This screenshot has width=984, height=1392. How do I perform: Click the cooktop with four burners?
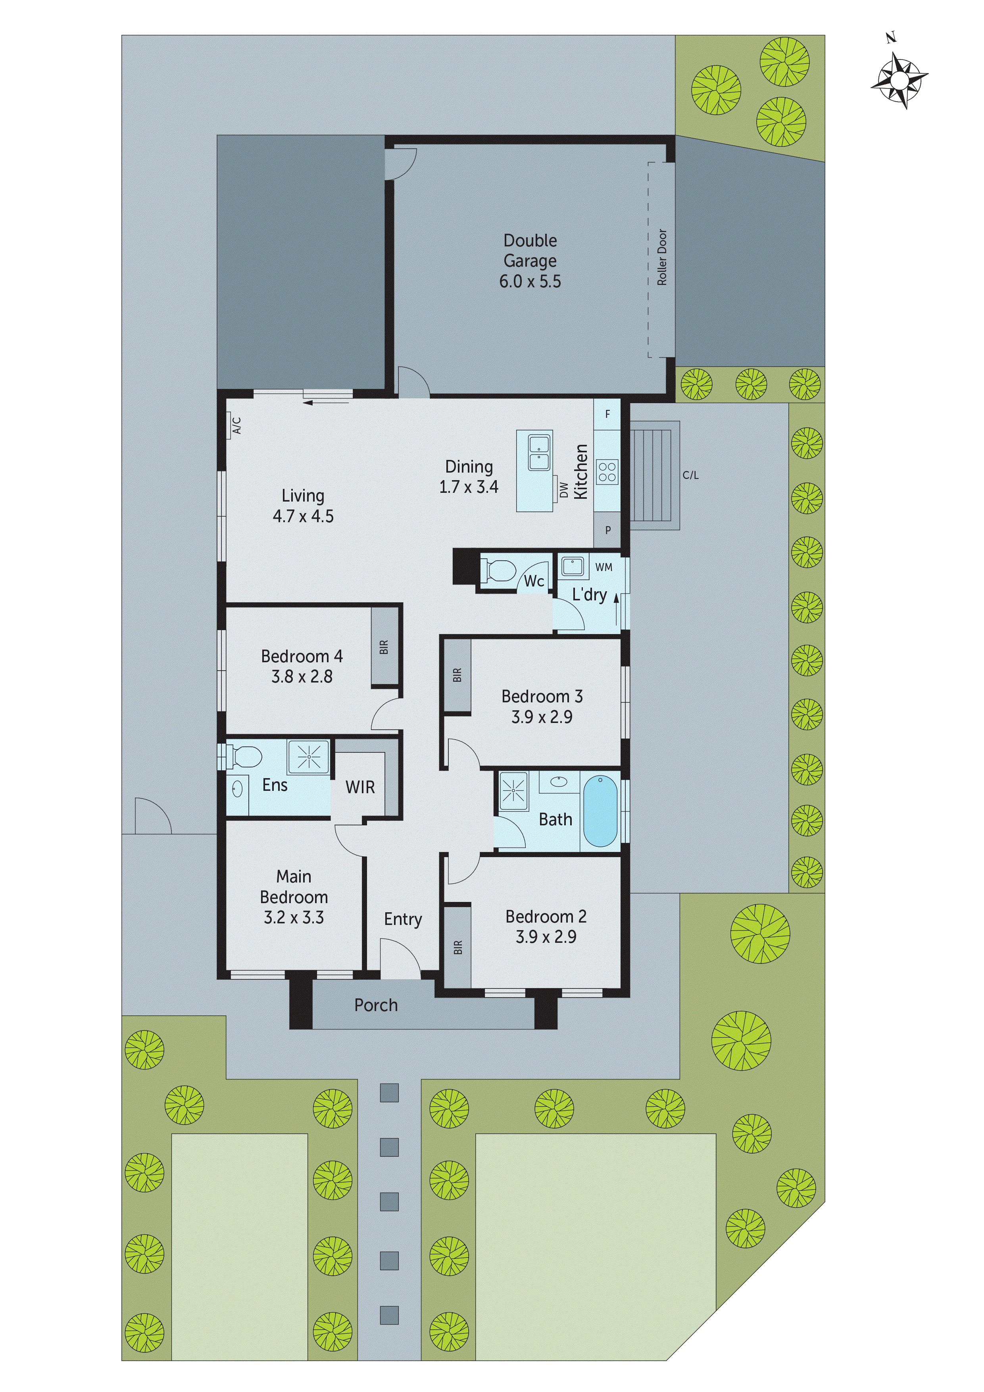pos(607,472)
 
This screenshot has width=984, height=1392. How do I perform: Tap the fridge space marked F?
pos(607,414)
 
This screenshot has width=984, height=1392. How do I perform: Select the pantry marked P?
pos(607,530)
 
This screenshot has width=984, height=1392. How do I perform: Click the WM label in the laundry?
pos(604,567)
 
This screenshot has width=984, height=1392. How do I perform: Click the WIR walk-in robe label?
pos(360,787)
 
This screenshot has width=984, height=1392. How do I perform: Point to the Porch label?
pos(376,1005)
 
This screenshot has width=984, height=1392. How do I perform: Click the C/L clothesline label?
pos(690,475)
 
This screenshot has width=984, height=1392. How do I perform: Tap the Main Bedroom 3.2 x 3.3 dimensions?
pos(294,917)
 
